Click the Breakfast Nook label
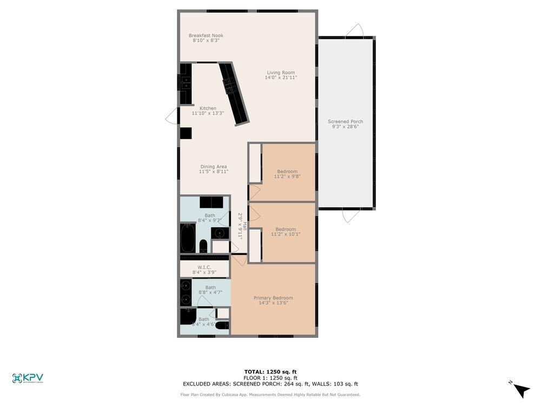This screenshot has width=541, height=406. tap(206, 36)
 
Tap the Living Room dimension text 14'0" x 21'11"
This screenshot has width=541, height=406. tap(280, 78)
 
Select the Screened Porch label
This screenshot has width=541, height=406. tap(345, 122)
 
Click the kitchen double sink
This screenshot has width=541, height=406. tap(186, 83)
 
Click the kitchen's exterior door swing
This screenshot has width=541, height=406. tap(172, 116)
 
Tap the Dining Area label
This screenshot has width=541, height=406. tap(214, 167)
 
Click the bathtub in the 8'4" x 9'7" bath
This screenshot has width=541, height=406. tap(188, 238)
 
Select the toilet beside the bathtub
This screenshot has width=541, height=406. tap(203, 246)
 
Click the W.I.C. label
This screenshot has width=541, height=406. tap(204, 267)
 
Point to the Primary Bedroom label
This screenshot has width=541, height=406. tap(273, 298)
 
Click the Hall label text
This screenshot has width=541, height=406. tap(245, 226)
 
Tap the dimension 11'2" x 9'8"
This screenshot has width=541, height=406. tap(287, 176)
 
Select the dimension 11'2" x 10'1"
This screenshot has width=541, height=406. tap(286, 234)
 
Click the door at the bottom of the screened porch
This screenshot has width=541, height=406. tap(351, 216)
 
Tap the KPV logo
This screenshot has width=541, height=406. tap(28, 378)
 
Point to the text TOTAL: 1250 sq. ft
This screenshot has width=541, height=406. tap(270, 372)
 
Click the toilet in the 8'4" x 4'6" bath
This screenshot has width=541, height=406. tap(222, 325)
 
